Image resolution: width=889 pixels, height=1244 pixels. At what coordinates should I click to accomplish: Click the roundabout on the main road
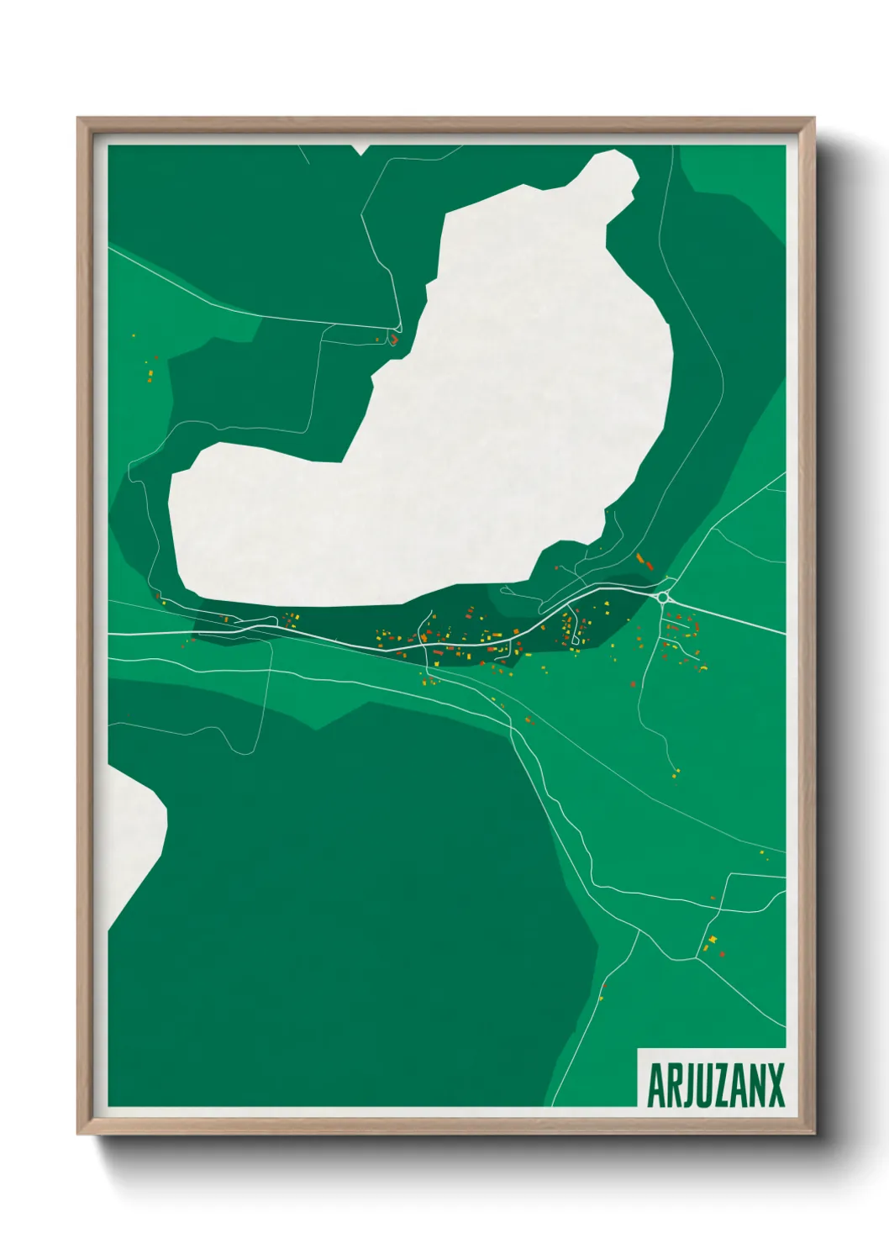(x=663, y=598)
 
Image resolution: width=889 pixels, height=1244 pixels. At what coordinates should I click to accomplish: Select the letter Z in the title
(x=715, y=1085)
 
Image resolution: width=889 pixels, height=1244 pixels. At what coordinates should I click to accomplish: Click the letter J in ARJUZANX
(x=688, y=1085)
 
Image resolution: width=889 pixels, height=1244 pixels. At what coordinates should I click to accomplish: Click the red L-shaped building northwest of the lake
(x=392, y=340)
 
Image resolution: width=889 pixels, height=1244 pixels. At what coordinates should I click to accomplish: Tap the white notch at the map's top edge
(x=360, y=150)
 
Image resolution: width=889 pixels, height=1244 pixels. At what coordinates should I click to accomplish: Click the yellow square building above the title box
(x=713, y=939)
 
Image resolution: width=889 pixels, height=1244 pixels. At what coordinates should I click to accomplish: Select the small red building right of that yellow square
(x=722, y=954)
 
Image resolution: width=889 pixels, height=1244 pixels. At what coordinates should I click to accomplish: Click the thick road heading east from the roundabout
(x=731, y=617)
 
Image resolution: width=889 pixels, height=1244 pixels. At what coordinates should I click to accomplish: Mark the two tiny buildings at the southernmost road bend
(x=602, y=992)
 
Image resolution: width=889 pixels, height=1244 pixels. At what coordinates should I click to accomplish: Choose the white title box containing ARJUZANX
(x=713, y=1078)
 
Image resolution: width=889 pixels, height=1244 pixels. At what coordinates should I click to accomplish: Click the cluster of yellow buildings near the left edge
(x=150, y=370)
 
